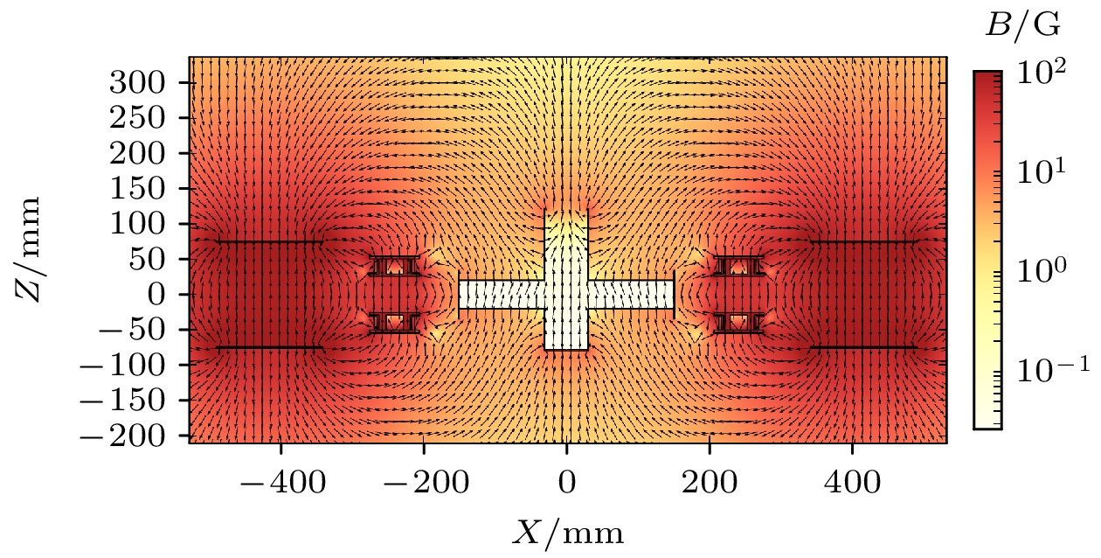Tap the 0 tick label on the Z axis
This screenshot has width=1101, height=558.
pos(171,294)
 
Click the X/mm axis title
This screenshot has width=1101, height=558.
pos(567,530)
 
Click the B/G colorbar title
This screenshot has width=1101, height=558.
pos(1023,26)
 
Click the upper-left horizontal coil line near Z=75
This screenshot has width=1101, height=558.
pos(270,242)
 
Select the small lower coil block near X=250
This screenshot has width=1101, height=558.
pos(739,322)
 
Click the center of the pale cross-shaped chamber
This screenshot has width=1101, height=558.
pos(566,294)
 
